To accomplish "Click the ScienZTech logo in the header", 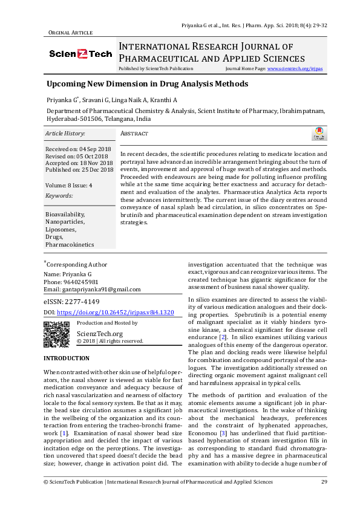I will pos(80,54).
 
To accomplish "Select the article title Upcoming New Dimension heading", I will pos(148,84).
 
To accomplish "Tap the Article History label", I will pos(65,133).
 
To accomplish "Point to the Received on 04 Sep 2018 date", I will pos(78,149).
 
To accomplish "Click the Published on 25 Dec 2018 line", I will pos(79,170).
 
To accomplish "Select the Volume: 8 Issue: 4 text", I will pos(69,185).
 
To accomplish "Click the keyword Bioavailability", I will pos(65,215).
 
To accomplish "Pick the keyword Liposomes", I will pos(61,230).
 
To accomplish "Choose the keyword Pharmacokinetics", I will pos(70,245).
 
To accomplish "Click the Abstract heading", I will pos(134,134).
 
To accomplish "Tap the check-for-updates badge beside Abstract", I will pos(318,134).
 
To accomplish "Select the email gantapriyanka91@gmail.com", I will pos(92,289).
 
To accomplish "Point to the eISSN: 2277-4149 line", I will pos(71,301).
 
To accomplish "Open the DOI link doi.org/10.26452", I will pos(116,312).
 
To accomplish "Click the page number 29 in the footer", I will pos(324,482).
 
